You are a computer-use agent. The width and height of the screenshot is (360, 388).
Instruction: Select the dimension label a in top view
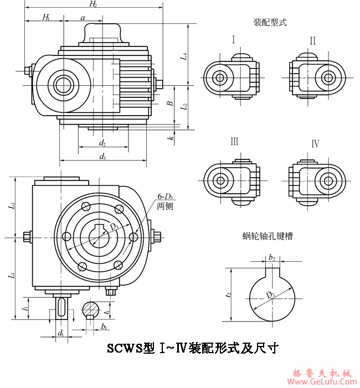click(x=83, y=18)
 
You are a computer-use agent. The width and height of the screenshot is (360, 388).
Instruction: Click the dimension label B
click(x=171, y=102)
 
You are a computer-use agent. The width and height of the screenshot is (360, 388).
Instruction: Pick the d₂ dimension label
click(x=102, y=143)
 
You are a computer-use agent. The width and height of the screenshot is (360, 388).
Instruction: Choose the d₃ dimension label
click(x=102, y=157)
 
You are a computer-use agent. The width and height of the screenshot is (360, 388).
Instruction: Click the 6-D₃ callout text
click(x=165, y=196)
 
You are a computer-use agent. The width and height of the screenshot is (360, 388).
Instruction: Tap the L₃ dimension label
click(x=12, y=208)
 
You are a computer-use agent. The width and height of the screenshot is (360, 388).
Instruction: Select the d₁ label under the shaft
click(x=60, y=333)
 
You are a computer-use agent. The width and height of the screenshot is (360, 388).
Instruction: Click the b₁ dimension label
click(x=104, y=327)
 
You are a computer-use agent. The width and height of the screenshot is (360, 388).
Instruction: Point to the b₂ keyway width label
click(x=272, y=257)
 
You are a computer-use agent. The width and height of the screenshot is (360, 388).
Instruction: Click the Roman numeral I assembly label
click(x=234, y=40)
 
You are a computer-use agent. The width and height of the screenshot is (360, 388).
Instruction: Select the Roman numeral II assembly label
click(x=313, y=40)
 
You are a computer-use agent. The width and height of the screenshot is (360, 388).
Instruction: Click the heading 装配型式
click(x=270, y=23)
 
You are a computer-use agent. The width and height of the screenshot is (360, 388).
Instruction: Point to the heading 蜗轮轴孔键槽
click(x=268, y=236)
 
